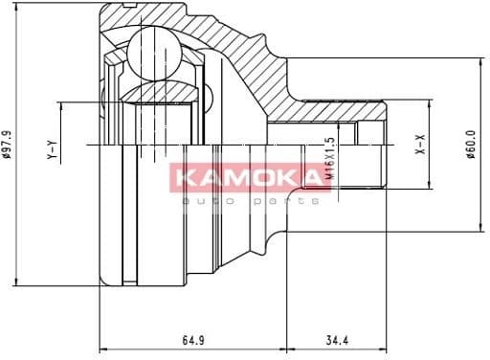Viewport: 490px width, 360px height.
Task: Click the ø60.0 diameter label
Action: tap(472, 145)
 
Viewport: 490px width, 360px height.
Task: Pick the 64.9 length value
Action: tap(193, 338)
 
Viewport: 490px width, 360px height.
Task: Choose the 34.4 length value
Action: tap(336, 338)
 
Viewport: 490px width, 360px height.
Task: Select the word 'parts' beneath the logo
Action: tap(287, 201)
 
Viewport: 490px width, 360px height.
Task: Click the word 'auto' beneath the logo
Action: tap(209, 201)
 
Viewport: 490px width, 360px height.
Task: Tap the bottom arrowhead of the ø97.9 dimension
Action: tap(13, 281)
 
